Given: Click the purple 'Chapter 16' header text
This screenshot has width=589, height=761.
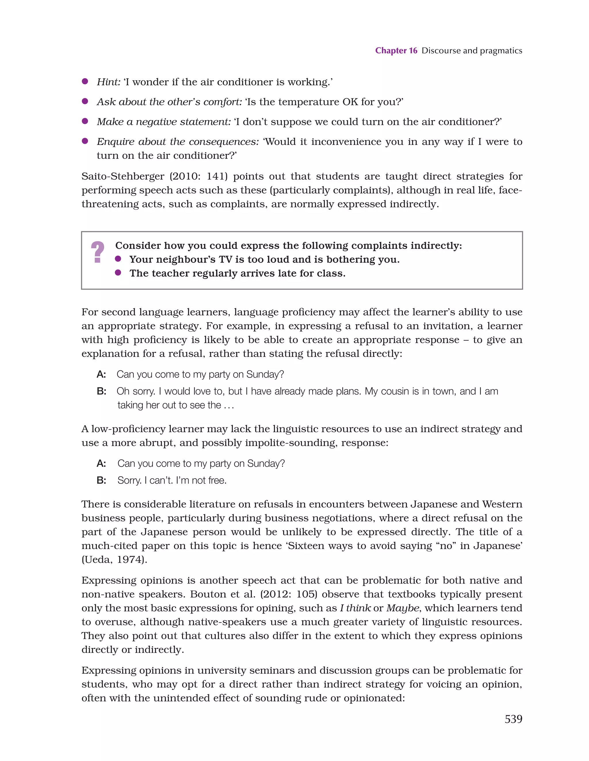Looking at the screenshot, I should (x=396, y=51).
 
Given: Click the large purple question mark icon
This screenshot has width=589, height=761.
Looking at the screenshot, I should (x=97, y=252).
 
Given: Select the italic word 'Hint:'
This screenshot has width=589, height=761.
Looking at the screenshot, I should (x=108, y=82).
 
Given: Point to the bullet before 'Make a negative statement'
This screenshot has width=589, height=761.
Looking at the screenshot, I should (x=85, y=121).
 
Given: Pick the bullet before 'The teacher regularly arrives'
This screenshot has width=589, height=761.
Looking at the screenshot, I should (x=118, y=273).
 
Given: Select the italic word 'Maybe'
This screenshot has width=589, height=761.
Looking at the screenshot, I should (x=403, y=608).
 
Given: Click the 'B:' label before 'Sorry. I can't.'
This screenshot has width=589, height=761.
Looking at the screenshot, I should (x=102, y=481).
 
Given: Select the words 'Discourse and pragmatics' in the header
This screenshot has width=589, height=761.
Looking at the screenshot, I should (x=472, y=51).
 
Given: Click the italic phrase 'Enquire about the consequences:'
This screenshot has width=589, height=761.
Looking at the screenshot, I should (x=178, y=142).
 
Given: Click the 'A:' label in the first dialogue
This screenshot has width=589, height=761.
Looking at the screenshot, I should (x=102, y=374).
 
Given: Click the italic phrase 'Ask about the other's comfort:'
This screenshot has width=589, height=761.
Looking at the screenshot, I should (x=169, y=102).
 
